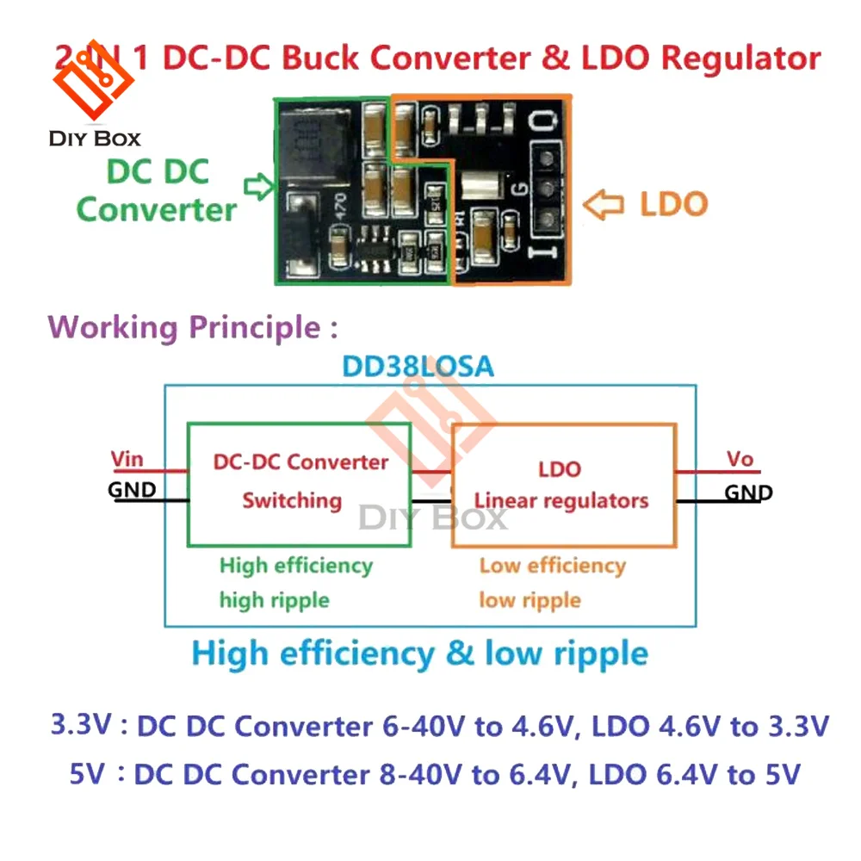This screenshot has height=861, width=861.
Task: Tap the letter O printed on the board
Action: click(541, 123)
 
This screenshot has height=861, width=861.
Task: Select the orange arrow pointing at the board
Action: click(603, 205)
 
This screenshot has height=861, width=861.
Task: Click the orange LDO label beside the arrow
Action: click(673, 205)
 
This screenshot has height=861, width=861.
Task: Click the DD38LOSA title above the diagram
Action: click(418, 367)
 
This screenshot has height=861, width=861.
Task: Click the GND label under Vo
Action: click(747, 493)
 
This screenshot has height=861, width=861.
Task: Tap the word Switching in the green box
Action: click(292, 500)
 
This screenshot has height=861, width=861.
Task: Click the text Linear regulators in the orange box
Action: click(561, 500)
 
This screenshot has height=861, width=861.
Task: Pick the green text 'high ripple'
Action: click(275, 599)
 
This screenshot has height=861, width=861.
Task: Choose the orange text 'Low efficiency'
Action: click(552, 566)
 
